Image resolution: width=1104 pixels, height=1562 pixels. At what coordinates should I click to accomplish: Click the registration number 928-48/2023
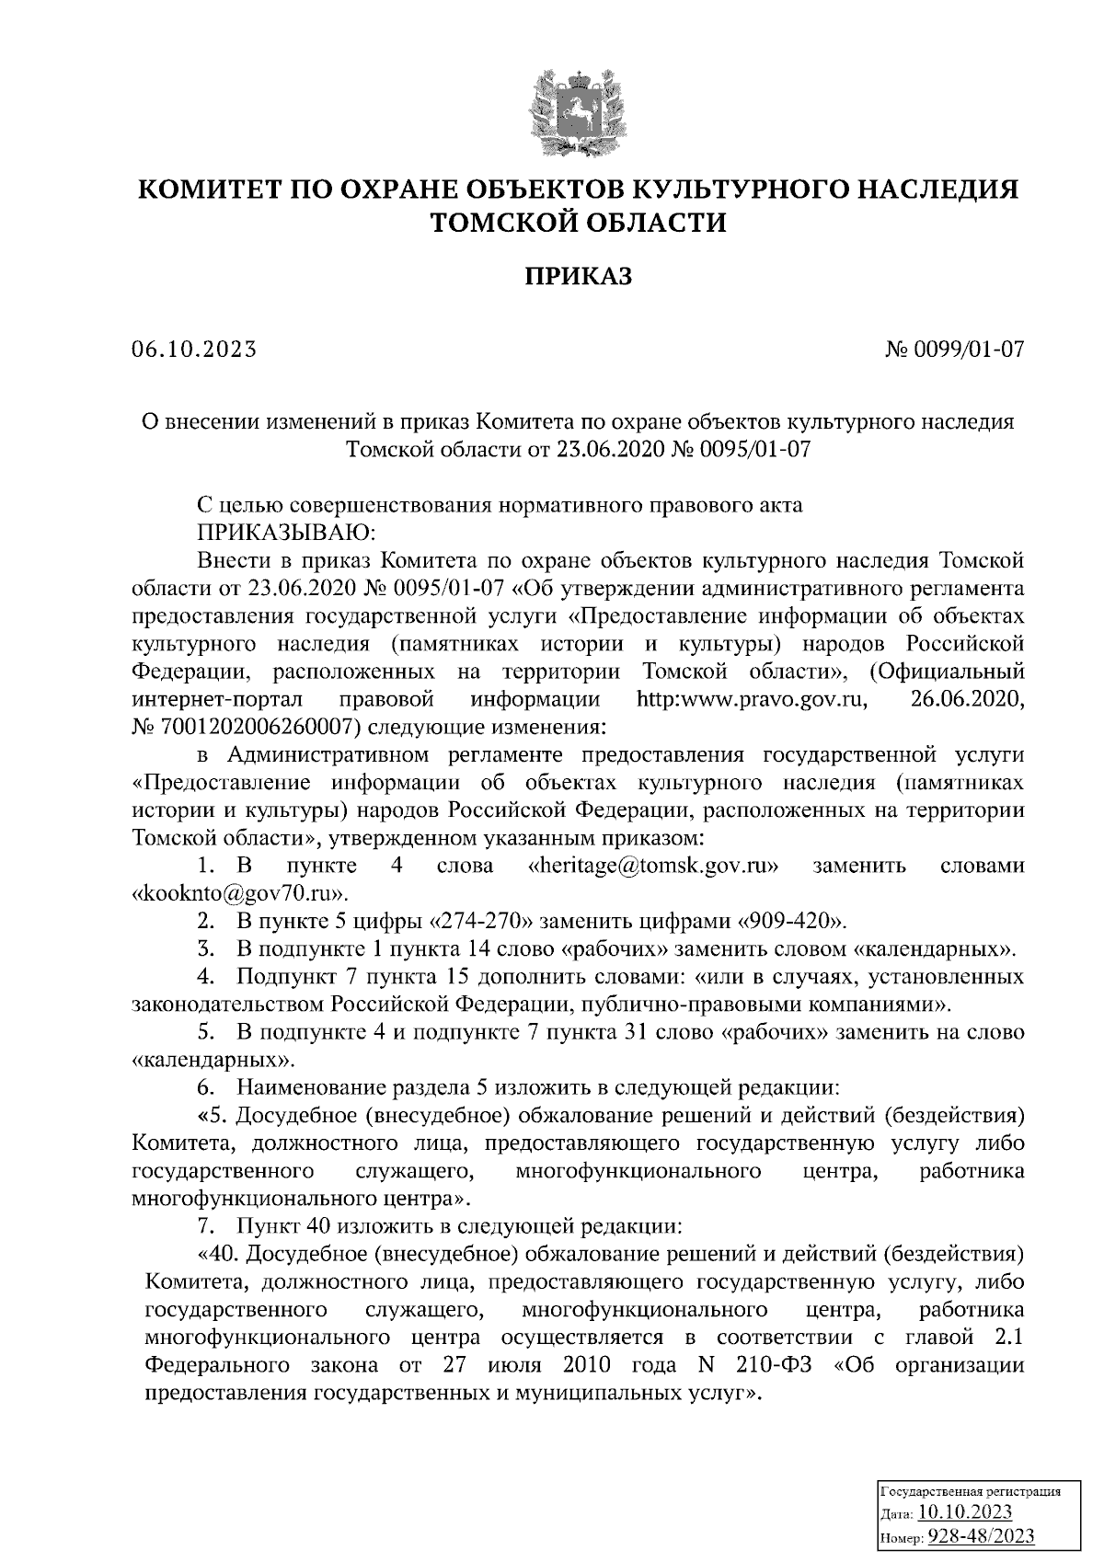click(980, 1536)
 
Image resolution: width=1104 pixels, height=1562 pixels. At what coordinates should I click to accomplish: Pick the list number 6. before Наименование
click(208, 1087)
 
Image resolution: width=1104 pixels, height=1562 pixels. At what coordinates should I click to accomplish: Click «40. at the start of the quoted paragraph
click(218, 1254)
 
